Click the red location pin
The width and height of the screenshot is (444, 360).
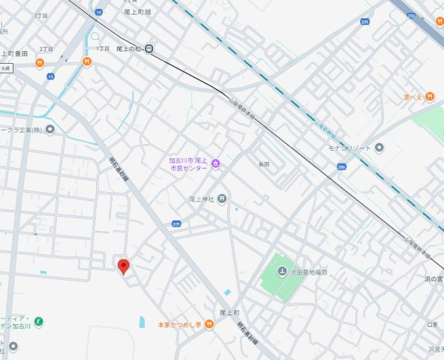[x=124, y=265]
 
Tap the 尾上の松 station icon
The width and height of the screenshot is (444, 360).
[x=150, y=49]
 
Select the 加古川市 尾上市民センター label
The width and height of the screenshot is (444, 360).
[x=187, y=164]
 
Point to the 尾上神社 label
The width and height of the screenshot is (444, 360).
[x=202, y=199]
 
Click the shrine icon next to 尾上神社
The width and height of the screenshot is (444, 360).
[x=222, y=198]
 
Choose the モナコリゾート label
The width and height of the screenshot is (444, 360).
[x=352, y=148]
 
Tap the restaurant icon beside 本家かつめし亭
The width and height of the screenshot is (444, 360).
[x=209, y=324]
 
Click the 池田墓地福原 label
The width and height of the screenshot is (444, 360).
[x=307, y=271]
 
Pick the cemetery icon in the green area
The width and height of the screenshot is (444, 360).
[x=281, y=271]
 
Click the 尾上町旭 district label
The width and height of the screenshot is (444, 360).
[x=137, y=12]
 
